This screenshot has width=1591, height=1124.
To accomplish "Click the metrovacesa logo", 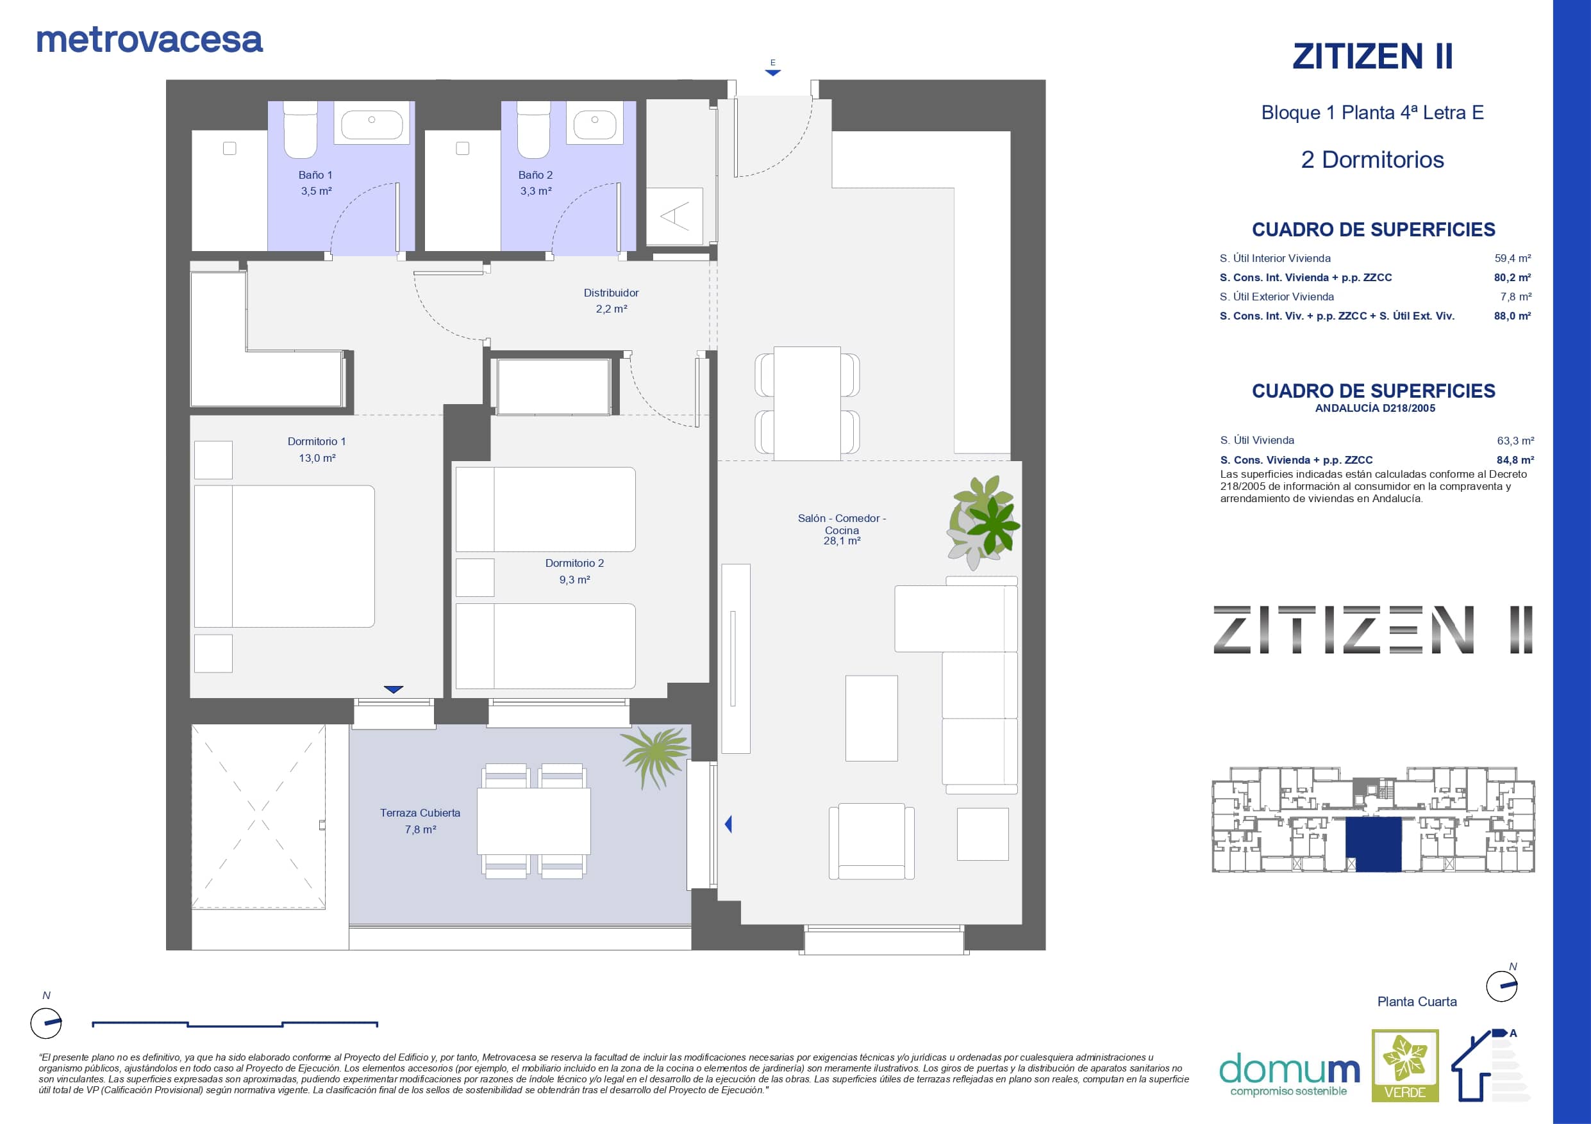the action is pos(149,40).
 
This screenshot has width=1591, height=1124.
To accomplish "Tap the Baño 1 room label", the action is pos(315,175).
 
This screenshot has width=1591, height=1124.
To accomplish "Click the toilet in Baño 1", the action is pos(301,129).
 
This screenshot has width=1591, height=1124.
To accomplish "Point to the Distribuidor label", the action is pos(611,293).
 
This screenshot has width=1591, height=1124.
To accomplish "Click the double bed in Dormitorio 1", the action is pos(284,556).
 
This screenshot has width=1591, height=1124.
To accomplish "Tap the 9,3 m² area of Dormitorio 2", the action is pos(574,580).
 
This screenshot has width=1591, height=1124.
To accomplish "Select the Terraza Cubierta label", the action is pos(420,813).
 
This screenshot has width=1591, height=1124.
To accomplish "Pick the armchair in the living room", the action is pos(872,841).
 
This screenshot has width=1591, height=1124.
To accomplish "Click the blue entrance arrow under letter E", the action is pos(772,72).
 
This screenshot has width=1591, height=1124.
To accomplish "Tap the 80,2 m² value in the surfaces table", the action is pos(1513,278).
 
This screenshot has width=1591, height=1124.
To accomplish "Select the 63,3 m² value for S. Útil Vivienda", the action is pos(1515,441).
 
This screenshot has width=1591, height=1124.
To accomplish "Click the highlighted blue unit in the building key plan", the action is pos(1374,843).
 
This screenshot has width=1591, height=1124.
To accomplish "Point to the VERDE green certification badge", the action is pos(1405,1065).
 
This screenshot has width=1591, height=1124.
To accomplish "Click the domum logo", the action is pos(1290,1074).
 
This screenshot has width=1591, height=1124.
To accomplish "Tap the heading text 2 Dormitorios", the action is pos(1372,160).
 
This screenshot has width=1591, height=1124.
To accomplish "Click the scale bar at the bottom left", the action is pos(235,1023).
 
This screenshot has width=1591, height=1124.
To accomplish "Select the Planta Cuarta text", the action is pos(1417,1002).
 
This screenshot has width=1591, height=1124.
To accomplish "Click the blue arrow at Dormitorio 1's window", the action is pos(394,689).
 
